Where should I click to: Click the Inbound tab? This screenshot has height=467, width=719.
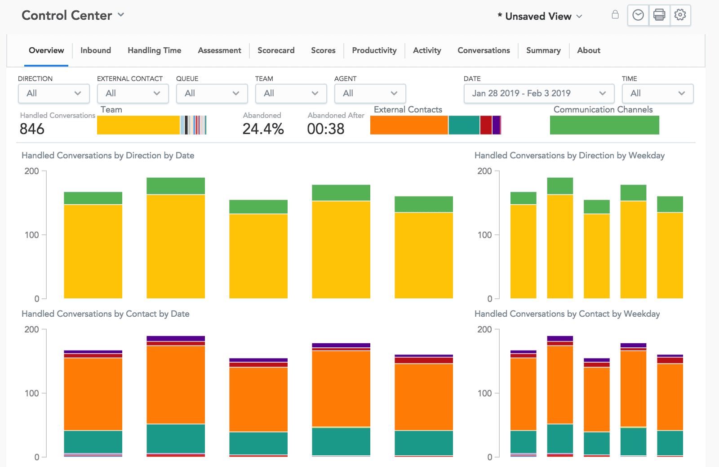pyautogui.click(x=95, y=50)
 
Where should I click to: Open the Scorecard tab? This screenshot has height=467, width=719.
pyautogui.click(x=276, y=50)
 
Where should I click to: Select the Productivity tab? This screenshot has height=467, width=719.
pyautogui.click(x=374, y=50)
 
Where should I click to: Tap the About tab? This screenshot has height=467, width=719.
pyautogui.click(x=588, y=50)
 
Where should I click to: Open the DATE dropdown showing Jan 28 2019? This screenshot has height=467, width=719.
pyautogui.click(x=538, y=94)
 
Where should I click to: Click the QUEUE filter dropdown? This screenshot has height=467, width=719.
pyautogui.click(x=212, y=94)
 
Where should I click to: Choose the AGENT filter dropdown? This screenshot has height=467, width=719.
pyautogui.click(x=370, y=94)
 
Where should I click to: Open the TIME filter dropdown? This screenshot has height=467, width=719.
pyautogui.click(x=657, y=94)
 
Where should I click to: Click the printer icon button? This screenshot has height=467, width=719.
pyautogui.click(x=659, y=15)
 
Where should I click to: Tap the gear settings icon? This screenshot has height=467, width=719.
pyautogui.click(x=680, y=15)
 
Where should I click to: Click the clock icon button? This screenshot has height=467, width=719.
pyautogui.click(x=638, y=15)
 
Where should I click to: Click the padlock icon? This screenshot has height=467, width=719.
pyautogui.click(x=615, y=15)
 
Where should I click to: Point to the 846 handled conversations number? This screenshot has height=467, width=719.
pyautogui.click(x=32, y=129)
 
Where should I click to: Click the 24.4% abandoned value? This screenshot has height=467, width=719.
pyautogui.click(x=263, y=129)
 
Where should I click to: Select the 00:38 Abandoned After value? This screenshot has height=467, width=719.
pyautogui.click(x=326, y=129)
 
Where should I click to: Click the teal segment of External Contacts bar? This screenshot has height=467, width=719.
pyautogui.click(x=464, y=125)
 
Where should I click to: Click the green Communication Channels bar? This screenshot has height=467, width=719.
pyautogui.click(x=604, y=125)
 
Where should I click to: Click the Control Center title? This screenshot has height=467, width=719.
pyautogui.click(x=67, y=15)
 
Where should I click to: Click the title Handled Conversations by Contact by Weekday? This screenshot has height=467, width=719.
pyautogui.click(x=567, y=314)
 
